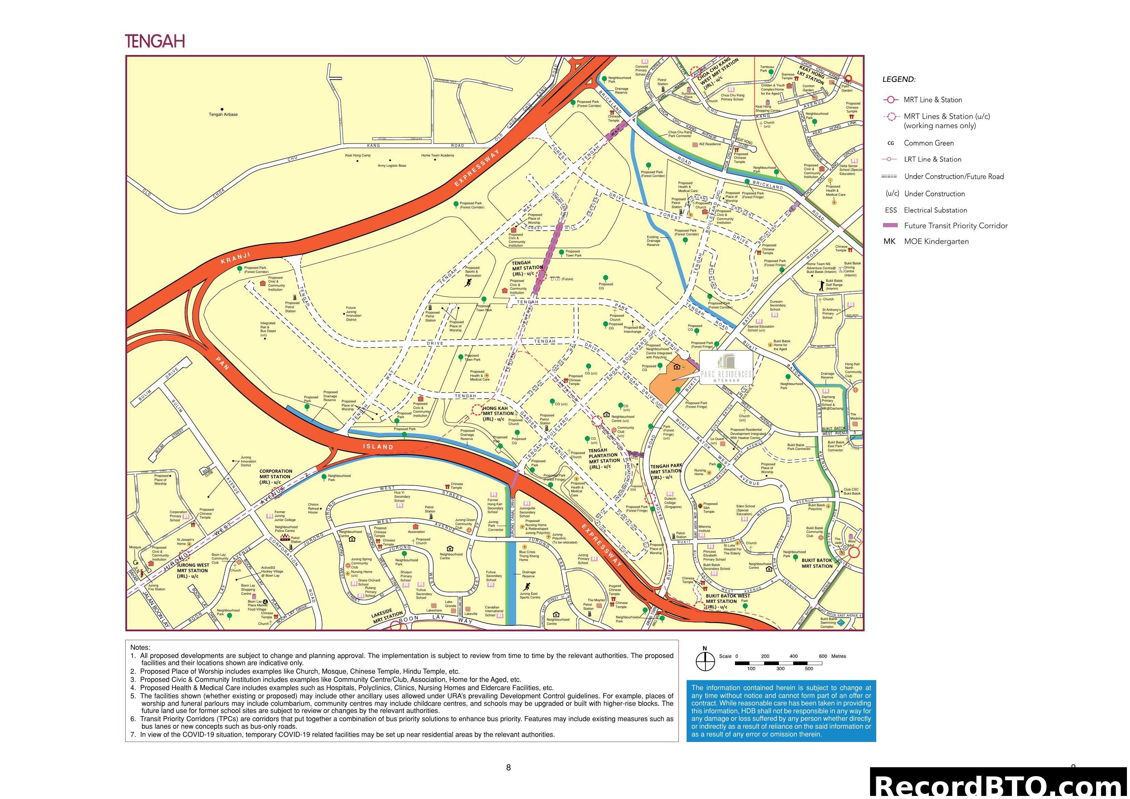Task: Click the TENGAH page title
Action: (x=155, y=41)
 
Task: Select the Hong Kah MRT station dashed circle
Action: (x=477, y=410)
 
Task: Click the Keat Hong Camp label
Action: (x=358, y=155)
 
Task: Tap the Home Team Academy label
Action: (x=438, y=155)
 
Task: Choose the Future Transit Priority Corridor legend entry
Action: (x=955, y=226)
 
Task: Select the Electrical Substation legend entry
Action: (x=935, y=210)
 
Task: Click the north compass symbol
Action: (x=705, y=661)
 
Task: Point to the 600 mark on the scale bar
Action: (x=823, y=656)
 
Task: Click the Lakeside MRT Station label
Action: (x=388, y=616)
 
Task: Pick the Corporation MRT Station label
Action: (x=276, y=477)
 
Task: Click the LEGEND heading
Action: (x=899, y=79)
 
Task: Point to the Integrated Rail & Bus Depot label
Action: (x=268, y=329)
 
